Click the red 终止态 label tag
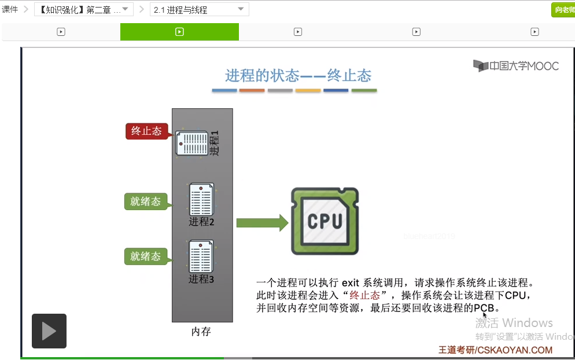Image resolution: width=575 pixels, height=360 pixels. coord(146,131)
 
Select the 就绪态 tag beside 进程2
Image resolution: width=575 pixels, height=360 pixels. coord(145,201)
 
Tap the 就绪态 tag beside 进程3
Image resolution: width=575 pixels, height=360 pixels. coord(145,256)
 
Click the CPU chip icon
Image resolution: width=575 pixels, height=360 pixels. coord(325,221)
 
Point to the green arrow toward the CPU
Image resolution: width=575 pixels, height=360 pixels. coord(262,223)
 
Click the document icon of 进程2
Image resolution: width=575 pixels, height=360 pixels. coord(201,200)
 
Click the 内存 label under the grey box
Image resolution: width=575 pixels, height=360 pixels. coord(201,332)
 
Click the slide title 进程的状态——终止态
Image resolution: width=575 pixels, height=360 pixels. coord(298,75)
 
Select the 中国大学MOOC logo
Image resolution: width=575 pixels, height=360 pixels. coord(516,65)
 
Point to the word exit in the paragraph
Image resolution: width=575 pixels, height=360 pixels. coord(351,283)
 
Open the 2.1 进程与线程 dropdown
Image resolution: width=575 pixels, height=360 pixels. coord(200,10)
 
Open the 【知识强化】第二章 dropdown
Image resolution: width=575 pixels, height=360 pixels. coord(84,10)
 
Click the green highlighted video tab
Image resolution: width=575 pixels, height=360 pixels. coord(179,32)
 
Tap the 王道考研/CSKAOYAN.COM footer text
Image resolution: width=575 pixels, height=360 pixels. coord(496,350)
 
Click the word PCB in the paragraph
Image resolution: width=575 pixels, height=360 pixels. coord(484,308)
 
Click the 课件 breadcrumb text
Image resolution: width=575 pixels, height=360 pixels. coord(10,10)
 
